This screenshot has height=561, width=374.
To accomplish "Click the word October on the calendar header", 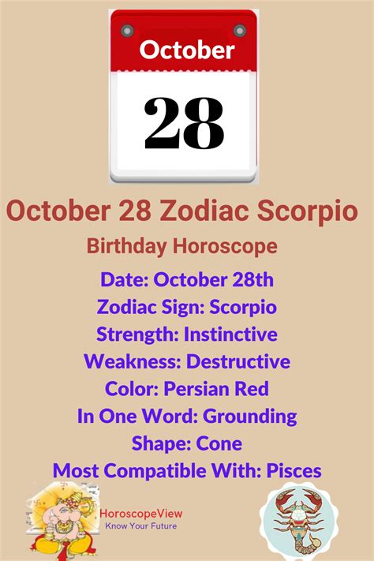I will [x=187, y=50].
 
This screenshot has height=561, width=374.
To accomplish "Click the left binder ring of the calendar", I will [x=128, y=32].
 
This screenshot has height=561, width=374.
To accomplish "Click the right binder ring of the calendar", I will [x=238, y=32].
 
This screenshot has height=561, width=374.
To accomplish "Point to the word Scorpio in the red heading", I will [x=308, y=211].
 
